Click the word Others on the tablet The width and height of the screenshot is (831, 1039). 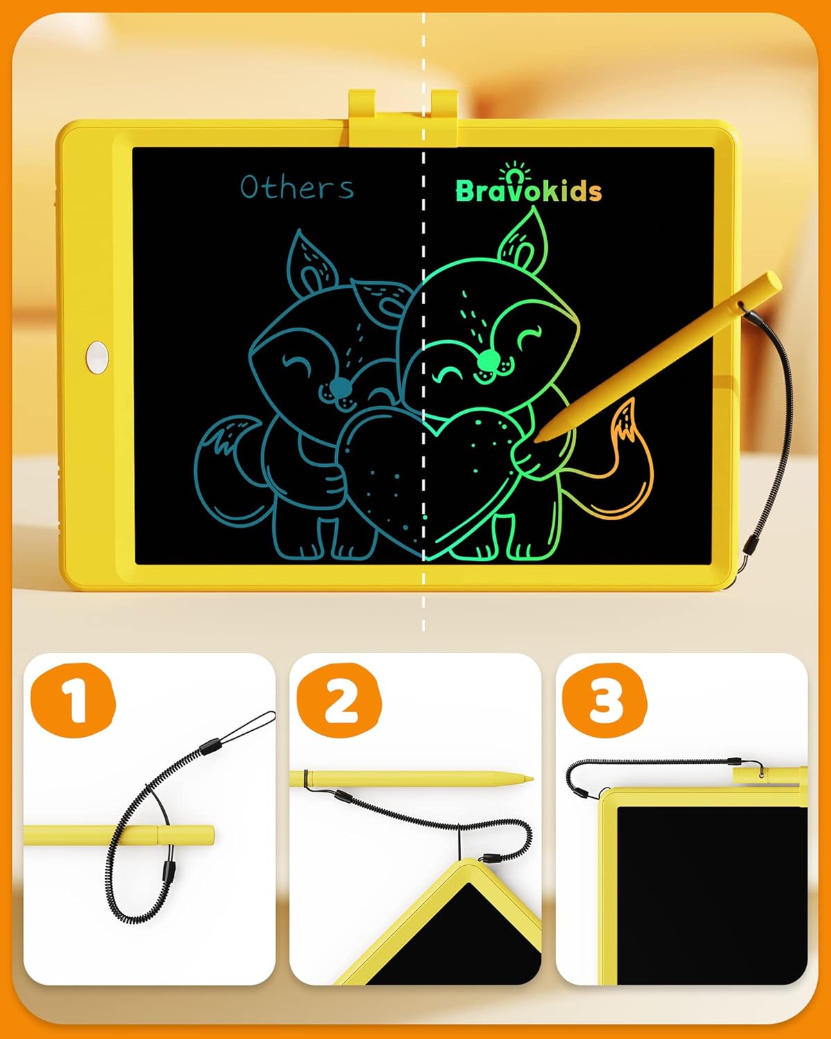click(297, 187)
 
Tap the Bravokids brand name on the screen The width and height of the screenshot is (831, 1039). click(528, 190)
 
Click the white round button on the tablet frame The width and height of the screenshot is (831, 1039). click(97, 355)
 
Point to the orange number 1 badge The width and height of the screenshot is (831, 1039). click(72, 700)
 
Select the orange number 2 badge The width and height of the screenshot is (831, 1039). click(339, 700)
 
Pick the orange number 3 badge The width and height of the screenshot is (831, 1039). click(604, 700)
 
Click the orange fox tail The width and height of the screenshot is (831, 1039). click(627, 471)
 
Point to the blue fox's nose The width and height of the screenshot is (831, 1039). click(340, 387)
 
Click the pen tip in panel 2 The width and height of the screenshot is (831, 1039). click(530, 778)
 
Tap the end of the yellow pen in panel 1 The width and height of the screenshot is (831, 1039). click(208, 834)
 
